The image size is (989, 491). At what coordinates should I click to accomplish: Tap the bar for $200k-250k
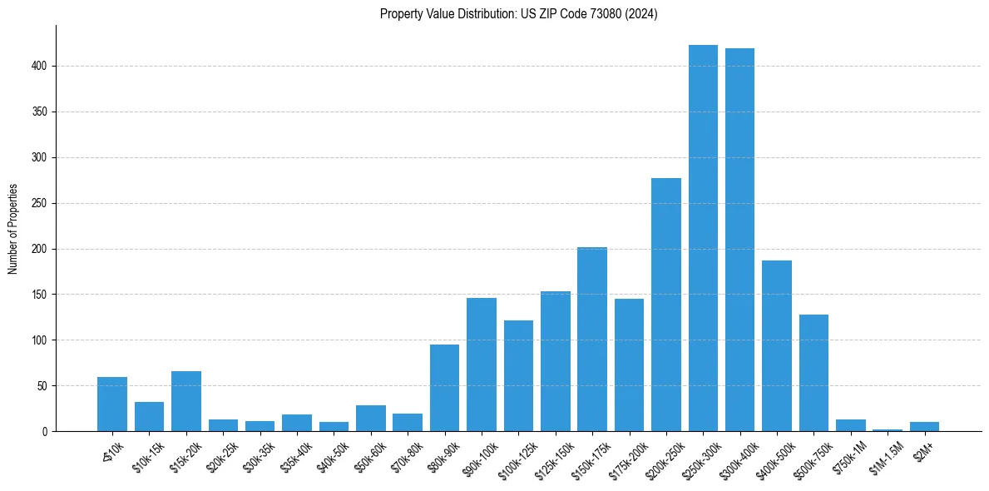click(665, 305)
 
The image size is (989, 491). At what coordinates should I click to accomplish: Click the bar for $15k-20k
click(186, 401)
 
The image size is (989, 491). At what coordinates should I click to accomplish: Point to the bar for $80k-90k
click(444, 388)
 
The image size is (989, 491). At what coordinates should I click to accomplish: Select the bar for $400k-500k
click(777, 346)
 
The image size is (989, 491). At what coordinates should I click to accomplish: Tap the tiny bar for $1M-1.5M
click(888, 430)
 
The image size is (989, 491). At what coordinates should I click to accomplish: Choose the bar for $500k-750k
click(813, 373)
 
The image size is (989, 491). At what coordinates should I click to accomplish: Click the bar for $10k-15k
click(149, 416)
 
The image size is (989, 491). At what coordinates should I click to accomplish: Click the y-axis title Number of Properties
click(12, 228)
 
